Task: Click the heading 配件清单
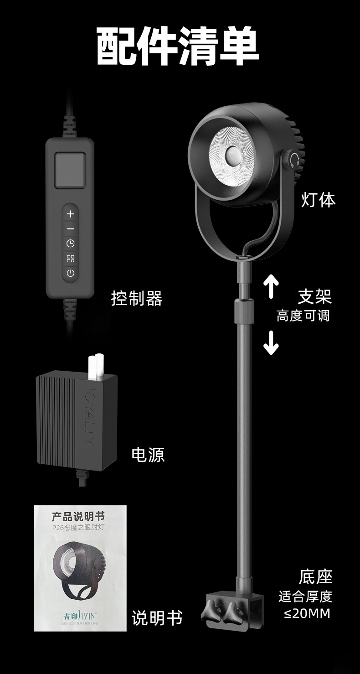[x=178, y=47]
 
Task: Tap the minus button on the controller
[x=70, y=228]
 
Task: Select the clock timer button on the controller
[x=70, y=244]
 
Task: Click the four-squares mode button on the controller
[x=70, y=259]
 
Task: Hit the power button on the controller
[x=70, y=274]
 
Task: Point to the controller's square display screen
[x=70, y=170]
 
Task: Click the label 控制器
[x=137, y=299]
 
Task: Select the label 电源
[x=148, y=455]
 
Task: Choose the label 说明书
[x=157, y=618]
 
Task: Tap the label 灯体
[x=318, y=200]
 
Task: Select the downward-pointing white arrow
[x=271, y=342]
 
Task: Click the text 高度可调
[x=303, y=316]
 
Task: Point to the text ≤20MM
[x=307, y=614]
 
